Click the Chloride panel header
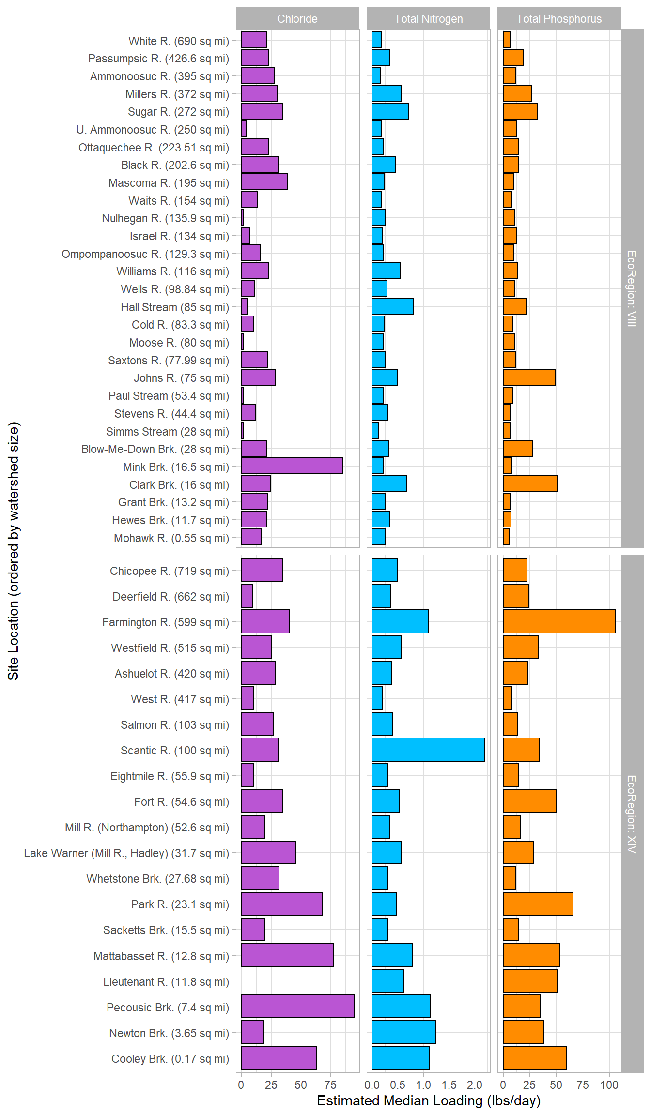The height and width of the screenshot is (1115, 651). tap(297, 19)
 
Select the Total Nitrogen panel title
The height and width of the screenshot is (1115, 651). tap(428, 19)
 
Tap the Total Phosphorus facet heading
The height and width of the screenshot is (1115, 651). tap(559, 19)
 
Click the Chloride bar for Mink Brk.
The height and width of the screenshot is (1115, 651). tap(292, 466)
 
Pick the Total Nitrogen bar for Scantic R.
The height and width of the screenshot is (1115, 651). tap(428, 750)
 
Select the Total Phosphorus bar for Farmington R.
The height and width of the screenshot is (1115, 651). tap(559, 621)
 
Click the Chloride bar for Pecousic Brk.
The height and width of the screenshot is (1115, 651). tap(297, 1006)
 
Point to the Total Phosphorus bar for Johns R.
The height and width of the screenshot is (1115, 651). tap(529, 377)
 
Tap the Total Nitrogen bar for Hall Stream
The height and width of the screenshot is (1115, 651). tap(393, 306)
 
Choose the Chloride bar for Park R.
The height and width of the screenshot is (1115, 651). tap(282, 904)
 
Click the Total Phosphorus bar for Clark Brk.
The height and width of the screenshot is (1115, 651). tap(530, 484)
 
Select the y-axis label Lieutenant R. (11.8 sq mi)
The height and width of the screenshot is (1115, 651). tap(166, 982)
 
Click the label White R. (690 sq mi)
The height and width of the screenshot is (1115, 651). tap(178, 41)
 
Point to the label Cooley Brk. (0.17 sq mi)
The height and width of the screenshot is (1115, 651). tap(170, 1059)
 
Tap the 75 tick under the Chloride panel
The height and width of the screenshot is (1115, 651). tap(330, 1085)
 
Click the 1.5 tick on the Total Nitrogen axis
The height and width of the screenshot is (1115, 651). tap(449, 1085)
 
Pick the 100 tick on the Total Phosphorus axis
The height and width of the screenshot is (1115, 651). tap(609, 1085)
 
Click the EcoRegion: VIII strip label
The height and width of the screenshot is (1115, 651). tap(632, 288)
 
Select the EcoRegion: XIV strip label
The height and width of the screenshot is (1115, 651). tap(632, 814)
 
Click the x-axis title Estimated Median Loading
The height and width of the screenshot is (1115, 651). tap(428, 1100)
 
